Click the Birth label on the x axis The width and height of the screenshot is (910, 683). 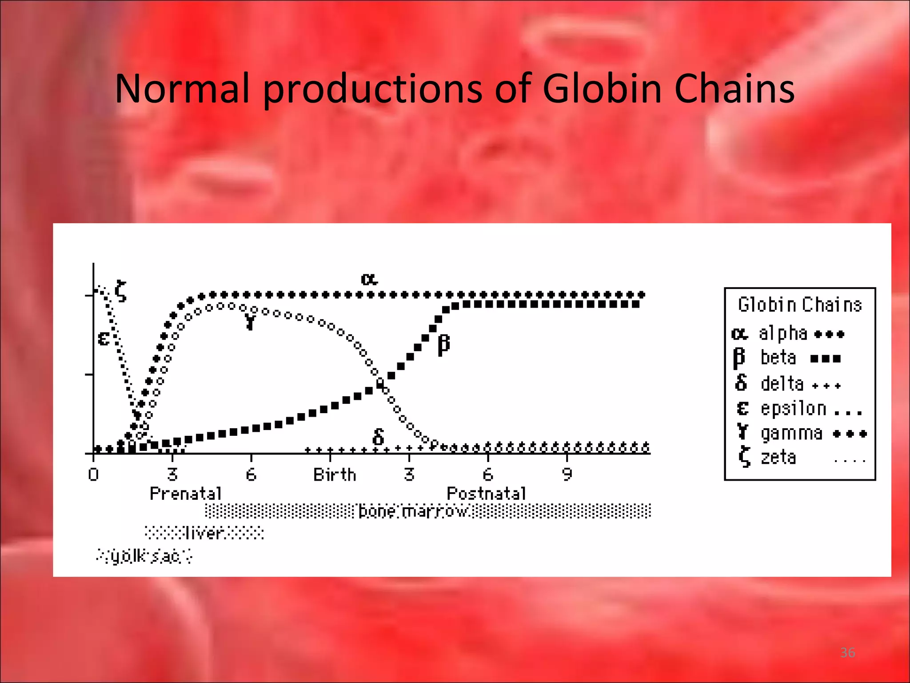coord(335,475)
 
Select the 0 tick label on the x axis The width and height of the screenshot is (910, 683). coord(93,475)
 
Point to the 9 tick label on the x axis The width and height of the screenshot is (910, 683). coord(567,475)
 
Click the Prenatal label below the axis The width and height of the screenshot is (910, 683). coord(186,494)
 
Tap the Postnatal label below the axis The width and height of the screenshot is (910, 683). coord(486,494)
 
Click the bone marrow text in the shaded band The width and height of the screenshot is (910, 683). coord(413,511)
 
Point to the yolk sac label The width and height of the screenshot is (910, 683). coord(145,556)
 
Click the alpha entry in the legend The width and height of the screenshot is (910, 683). coord(782,333)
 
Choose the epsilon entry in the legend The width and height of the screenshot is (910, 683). coord(793,409)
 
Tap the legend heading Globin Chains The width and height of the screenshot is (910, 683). coord(800,305)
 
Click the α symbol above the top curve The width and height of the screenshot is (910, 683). coord(369,279)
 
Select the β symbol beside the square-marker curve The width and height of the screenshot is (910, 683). coord(443,345)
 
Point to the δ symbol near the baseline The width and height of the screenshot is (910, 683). coord(378,437)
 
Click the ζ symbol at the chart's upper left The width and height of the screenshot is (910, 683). coord(120,291)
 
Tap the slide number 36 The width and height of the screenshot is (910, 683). coord(847,653)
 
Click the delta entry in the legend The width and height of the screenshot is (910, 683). coord(782,384)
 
